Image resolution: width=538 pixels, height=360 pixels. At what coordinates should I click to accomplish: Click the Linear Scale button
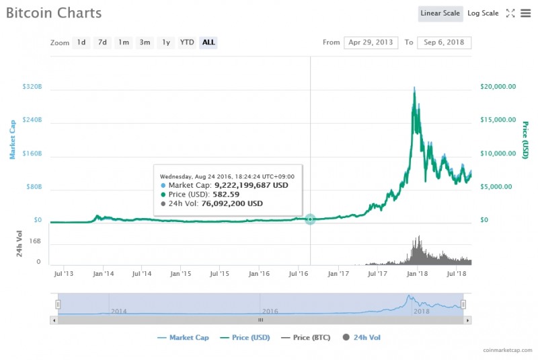click(440, 13)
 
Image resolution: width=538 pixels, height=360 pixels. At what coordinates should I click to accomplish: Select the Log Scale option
click(483, 13)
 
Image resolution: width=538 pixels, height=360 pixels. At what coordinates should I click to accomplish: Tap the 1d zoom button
click(81, 42)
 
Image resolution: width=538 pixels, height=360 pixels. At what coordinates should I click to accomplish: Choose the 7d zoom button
click(102, 42)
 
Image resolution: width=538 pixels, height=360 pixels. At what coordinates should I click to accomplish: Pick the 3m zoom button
click(145, 42)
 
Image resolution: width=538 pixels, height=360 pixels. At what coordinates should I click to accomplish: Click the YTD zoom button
click(187, 42)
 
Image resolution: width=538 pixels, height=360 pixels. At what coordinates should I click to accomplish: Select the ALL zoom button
click(208, 42)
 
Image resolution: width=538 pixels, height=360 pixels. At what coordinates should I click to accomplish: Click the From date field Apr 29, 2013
click(371, 42)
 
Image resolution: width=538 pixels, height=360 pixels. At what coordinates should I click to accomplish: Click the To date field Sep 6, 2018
click(444, 42)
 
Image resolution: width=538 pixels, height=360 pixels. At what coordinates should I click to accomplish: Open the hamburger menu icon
click(525, 13)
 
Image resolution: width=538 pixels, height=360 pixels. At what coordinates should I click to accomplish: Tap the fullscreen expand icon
click(510, 13)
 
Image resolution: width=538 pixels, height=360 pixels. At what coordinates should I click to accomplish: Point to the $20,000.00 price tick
click(498, 87)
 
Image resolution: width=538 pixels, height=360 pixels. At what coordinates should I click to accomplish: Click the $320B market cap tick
click(32, 87)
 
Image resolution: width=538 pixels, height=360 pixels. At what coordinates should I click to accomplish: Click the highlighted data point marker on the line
click(310, 219)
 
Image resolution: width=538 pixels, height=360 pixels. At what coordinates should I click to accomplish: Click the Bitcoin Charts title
click(54, 13)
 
